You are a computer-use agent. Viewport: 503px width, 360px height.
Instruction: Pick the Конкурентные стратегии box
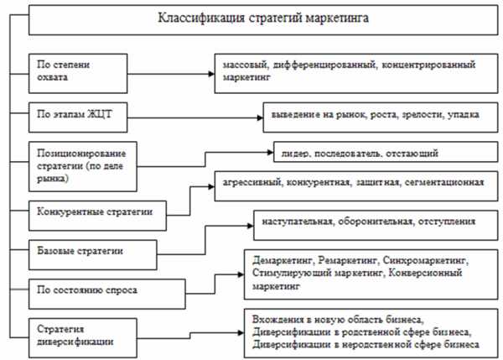[91, 211]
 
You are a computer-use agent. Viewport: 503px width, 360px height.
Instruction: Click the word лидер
[288, 154]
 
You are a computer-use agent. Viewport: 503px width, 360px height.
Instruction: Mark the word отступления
[449, 222]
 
